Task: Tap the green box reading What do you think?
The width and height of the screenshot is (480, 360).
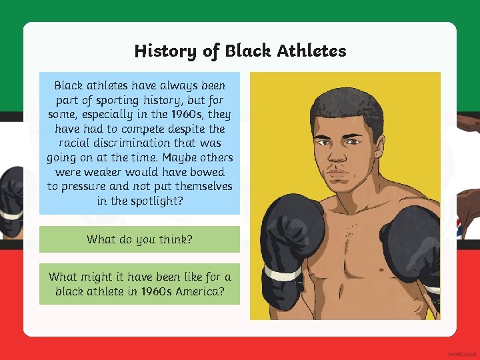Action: coord(139,239)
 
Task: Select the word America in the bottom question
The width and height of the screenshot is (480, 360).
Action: coord(199,291)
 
